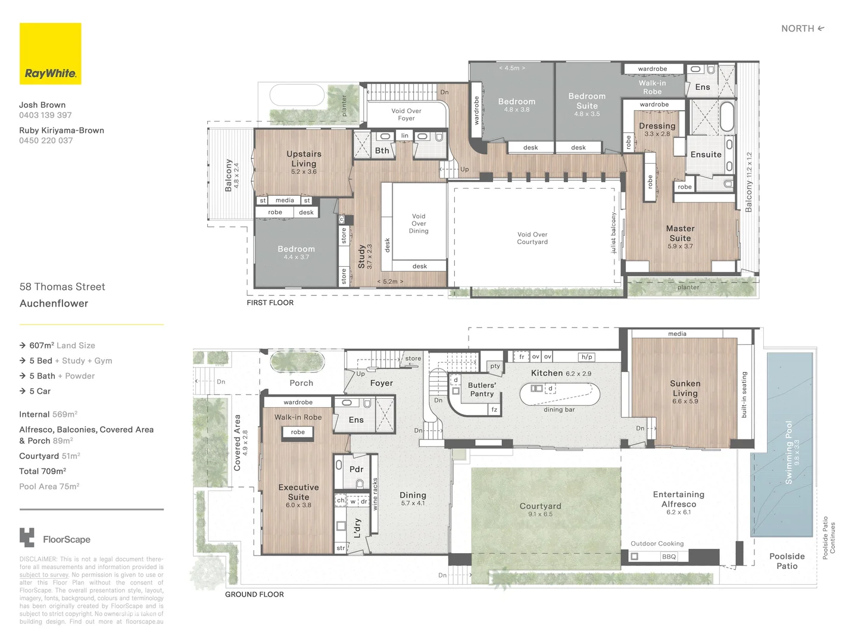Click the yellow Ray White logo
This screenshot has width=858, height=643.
(51, 54)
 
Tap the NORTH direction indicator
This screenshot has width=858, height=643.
(802, 29)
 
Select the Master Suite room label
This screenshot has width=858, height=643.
(680, 233)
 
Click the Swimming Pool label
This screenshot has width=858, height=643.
(789, 452)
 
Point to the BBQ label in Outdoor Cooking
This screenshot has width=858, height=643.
(669, 557)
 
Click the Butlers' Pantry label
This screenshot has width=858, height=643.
(482, 389)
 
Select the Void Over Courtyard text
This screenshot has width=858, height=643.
(532, 238)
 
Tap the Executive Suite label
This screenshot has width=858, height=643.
(298, 492)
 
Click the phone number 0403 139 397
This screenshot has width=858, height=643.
(45, 116)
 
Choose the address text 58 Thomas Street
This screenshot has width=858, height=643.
(62, 287)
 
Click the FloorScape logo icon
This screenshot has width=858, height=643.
(27, 538)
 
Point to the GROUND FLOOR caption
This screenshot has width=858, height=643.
(254, 594)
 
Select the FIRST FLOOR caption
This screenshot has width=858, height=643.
(270, 302)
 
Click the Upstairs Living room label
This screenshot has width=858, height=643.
(304, 158)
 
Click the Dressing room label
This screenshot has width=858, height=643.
(657, 126)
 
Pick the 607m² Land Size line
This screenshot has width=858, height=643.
(62, 345)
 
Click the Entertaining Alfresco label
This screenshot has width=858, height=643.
(678, 499)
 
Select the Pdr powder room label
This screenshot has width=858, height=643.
(356, 469)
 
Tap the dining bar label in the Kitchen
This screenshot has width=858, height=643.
(559, 410)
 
